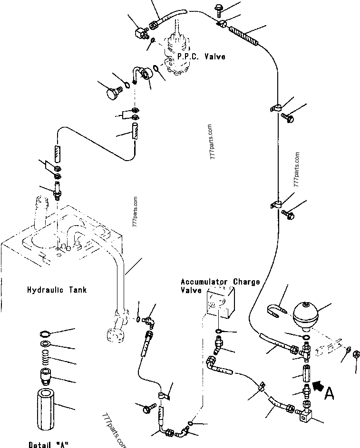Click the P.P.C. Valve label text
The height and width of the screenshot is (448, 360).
201,57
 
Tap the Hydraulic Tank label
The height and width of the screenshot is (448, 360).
57,289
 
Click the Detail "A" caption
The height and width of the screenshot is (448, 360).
49,444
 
